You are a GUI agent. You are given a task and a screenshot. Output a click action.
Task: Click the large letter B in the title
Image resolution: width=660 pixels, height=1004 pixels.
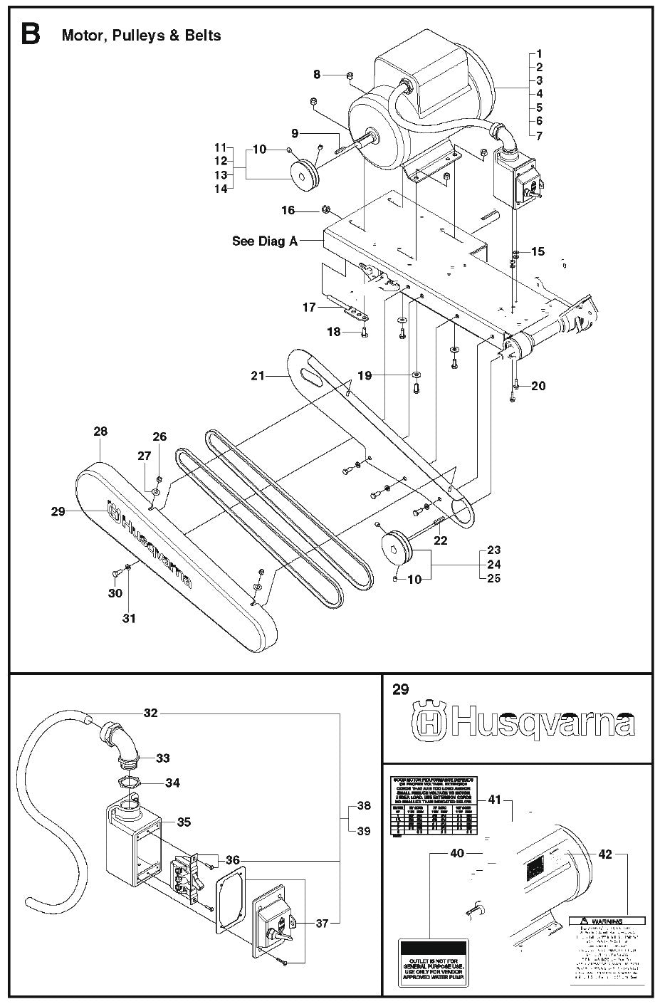pos(30,34)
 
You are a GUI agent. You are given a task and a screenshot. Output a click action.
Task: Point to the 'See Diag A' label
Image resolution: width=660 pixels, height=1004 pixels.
pos(264,241)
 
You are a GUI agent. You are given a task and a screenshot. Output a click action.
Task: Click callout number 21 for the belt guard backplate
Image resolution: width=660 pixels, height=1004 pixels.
pos(257,375)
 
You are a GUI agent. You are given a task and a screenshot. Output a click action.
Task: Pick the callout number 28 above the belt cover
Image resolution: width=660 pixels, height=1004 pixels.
pos(100,432)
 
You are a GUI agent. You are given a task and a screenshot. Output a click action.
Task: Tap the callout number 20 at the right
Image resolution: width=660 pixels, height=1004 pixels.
pos(538,386)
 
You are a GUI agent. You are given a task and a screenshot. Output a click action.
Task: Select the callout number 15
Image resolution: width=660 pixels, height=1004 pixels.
pos(538,251)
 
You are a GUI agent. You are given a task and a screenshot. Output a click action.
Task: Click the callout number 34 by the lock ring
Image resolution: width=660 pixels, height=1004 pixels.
pos(172,783)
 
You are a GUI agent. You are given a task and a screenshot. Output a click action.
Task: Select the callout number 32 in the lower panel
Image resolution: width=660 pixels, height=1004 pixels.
pos(150,712)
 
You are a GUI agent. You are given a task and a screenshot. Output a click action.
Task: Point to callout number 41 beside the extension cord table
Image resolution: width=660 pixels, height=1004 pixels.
pos(494,800)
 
